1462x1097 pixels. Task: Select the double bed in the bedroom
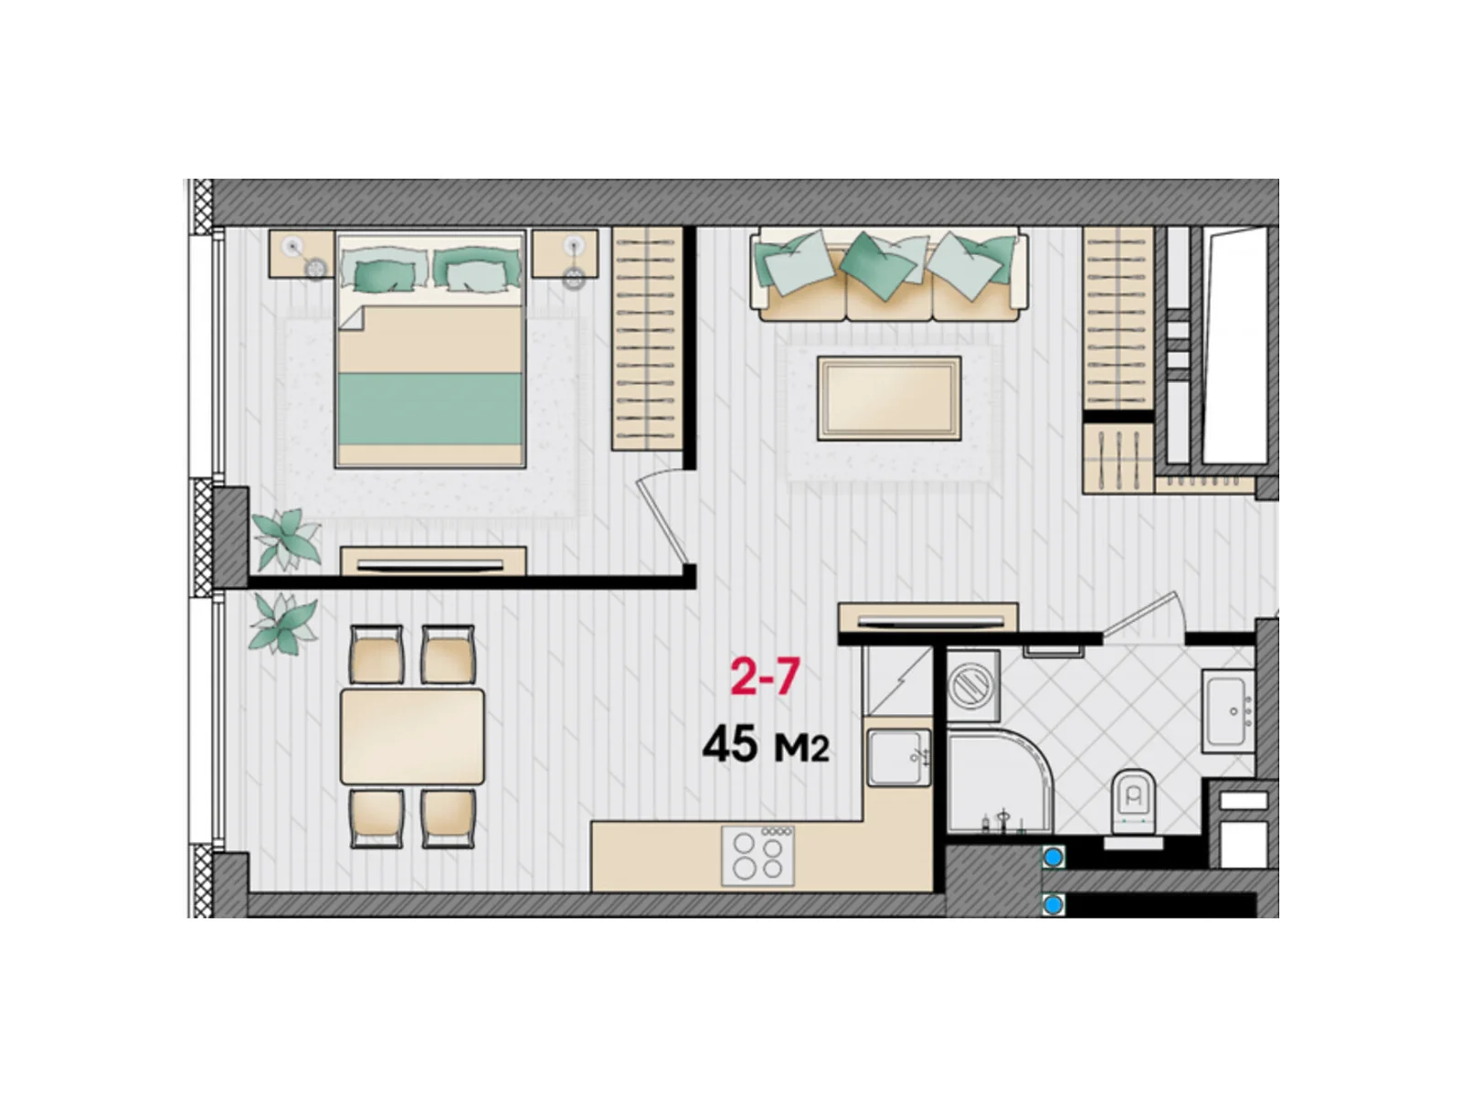tap(429, 349)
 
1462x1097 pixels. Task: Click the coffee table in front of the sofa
tap(888, 398)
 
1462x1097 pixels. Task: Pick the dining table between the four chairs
tap(412, 736)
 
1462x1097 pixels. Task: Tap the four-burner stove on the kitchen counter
tap(758, 856)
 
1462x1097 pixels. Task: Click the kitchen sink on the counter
tap(898, 757)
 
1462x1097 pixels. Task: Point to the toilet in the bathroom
tap(1132, 802)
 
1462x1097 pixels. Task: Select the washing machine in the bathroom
tap(973, 686)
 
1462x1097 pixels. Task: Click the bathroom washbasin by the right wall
tap(1228, 711)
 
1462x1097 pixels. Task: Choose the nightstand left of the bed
tap(302, 254)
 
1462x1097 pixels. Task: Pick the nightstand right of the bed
tap(565, 254)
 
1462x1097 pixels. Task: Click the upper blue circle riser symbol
tap(1053, 857)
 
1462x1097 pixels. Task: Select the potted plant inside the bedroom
tap(286, 538)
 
